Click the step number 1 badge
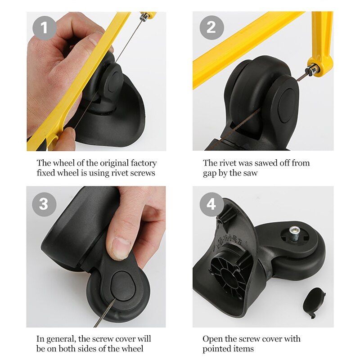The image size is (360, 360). (44, 28)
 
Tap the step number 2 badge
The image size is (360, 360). (211, 28)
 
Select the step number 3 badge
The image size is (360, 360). (44, 203)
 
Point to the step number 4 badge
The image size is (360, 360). (211, 203)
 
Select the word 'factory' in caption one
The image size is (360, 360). (140, 163)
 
